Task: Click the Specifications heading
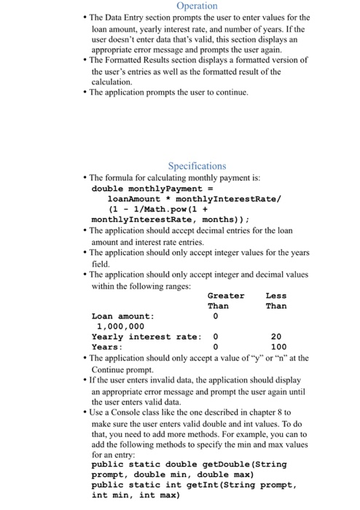(197, 166)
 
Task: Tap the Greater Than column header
(226, 300)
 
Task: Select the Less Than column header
(276, 300)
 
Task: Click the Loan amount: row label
(123, 316)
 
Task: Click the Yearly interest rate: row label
(146, 337)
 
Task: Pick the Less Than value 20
(275, 337)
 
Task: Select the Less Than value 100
(278, 347)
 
